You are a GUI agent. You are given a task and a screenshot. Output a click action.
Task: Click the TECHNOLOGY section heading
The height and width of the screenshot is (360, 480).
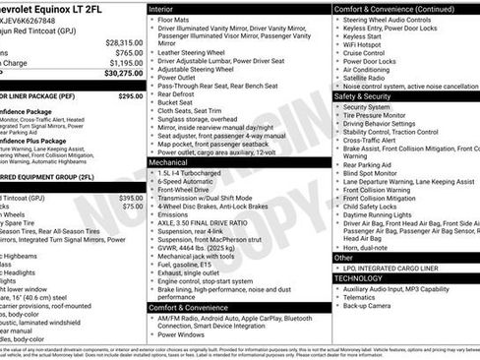tap(358, 278)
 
